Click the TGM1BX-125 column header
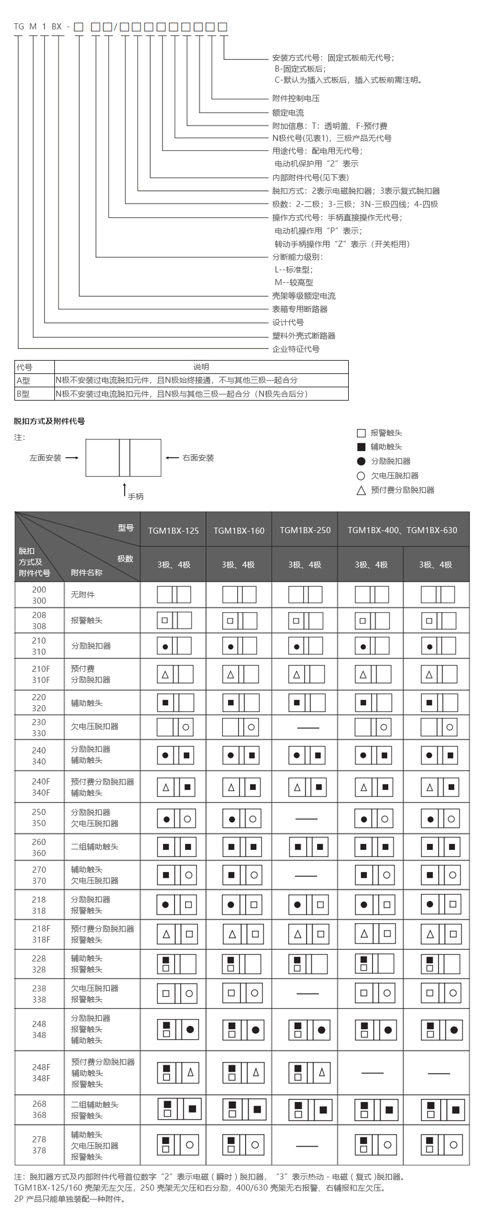coord(173,530)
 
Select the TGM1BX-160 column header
coord(239,530)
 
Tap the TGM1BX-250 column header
coord(305,530)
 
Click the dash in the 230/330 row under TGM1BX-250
coord(308,727)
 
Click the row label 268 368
coord(39,1110)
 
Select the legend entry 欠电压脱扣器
coord(394,475)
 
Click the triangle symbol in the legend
coord(361,490)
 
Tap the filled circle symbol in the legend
coord(361,461)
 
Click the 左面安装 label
coord(45,458)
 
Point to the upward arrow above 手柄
coord(125,489)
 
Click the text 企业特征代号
coord(296,349)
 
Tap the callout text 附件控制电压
coord(296,98)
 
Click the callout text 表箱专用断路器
coord(299,309)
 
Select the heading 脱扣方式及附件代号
coord(49,421)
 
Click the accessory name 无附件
coord(83,595)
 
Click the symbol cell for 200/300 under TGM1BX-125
coord(174,595)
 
